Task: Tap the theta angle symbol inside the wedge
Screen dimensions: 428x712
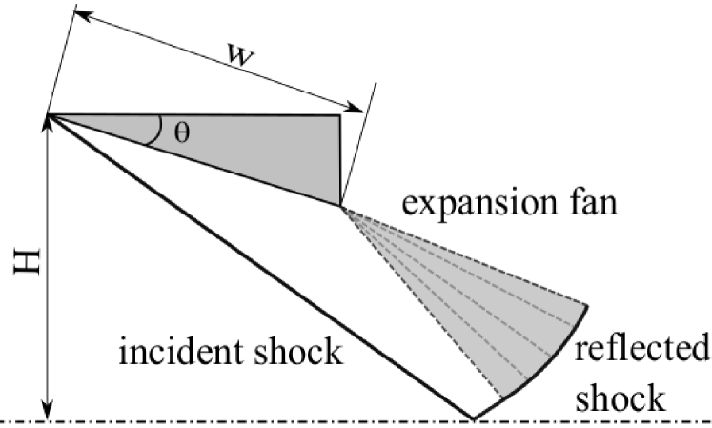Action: [181, 132]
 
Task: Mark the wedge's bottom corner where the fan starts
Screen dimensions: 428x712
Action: [340, 204]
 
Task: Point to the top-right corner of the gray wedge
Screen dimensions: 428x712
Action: [340, 116]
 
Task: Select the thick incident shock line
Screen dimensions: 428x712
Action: [257, 267]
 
